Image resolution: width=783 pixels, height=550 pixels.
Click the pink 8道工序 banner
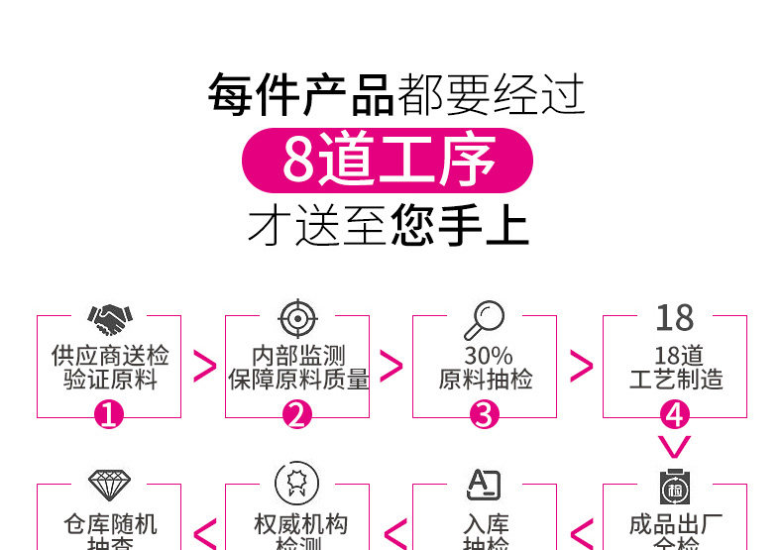(x=388, y=160)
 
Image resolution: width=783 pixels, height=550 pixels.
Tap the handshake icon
(x=109, y=318)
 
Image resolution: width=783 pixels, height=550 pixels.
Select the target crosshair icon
(x=297, y=318)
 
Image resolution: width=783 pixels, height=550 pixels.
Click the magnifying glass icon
(x=484, y=319)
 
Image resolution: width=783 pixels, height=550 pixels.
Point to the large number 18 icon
(x=674, y=318)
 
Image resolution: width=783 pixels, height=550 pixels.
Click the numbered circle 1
(x=109, y=414)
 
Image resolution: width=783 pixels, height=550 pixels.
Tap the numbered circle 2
(x=297, y=414)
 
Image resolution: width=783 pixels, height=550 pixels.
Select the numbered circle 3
(x=484, y=414)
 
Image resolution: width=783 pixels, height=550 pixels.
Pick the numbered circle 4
(x=674, y=414)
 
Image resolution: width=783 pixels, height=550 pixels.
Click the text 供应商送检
(x=109, y=356)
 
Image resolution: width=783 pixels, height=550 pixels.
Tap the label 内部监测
(x=297, y=356)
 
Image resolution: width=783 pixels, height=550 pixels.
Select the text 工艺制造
(x=676, y=380)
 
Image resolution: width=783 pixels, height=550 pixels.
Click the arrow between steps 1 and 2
(x=204, y=366)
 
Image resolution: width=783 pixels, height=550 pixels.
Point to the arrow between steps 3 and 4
(x=582, y=366)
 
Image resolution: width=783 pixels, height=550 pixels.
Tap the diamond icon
(x=109, y=485)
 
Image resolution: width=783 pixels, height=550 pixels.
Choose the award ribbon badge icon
(x=297, y=485)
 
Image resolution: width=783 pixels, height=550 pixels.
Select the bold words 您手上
(x=461, y=225)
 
